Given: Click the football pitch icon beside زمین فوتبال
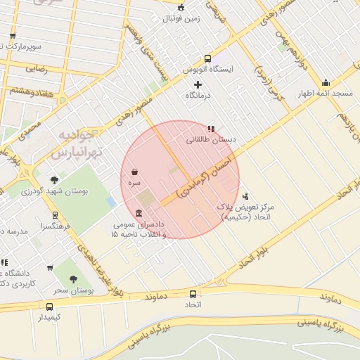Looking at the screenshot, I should pos(181,8).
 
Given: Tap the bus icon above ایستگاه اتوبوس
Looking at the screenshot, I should pos(207,58).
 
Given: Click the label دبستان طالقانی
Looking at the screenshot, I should pos(210,140).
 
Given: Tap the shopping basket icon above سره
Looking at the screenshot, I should pos(134,172).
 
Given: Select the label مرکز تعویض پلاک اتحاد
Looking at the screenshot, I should pos(245,212).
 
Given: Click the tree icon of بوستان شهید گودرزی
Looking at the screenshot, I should pos(55,180).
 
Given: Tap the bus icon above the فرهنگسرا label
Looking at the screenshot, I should pos(55,215).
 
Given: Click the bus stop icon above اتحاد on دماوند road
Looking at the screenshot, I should pos(193,294).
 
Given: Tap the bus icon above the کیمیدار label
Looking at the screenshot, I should pos(49,307).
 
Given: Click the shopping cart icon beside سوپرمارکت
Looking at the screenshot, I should pos(12,36).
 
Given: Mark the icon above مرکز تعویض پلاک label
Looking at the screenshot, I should pos(245,196).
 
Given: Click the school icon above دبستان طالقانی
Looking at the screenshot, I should pos(211,129).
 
